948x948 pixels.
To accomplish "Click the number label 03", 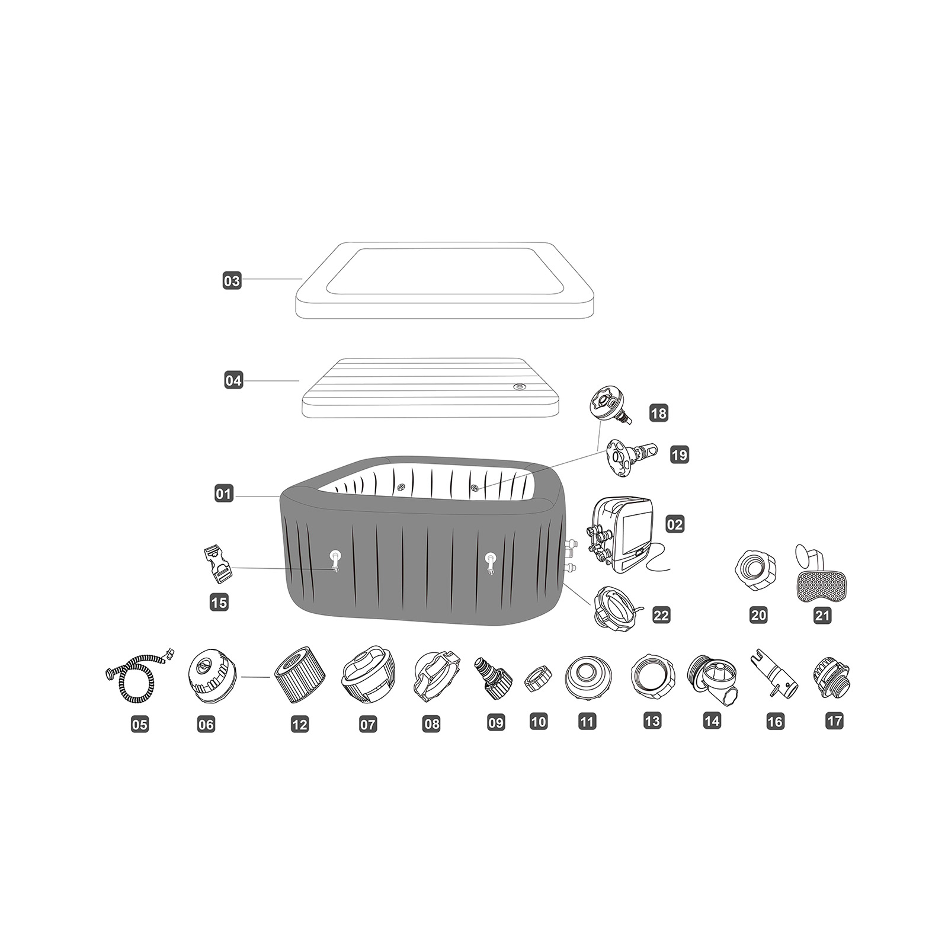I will (x=232, y=280).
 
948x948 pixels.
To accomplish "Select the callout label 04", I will (x=233, y=380).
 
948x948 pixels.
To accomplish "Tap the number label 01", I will (x=224, y=493).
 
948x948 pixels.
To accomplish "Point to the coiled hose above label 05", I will (x=140, y=675).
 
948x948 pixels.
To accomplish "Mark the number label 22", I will (x=661, y=615).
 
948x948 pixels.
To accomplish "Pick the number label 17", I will (x=834, y=721).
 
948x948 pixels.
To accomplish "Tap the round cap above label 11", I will (x=587, y=677).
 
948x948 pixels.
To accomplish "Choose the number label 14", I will (x=712, y=721).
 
